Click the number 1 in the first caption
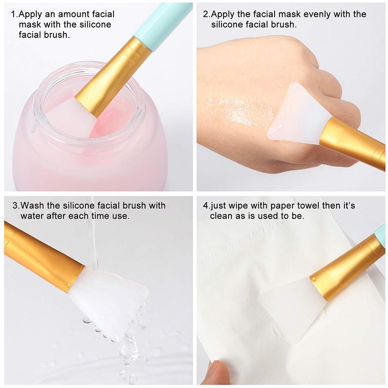(x=12, y=15)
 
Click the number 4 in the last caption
(x=205, y=206)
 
